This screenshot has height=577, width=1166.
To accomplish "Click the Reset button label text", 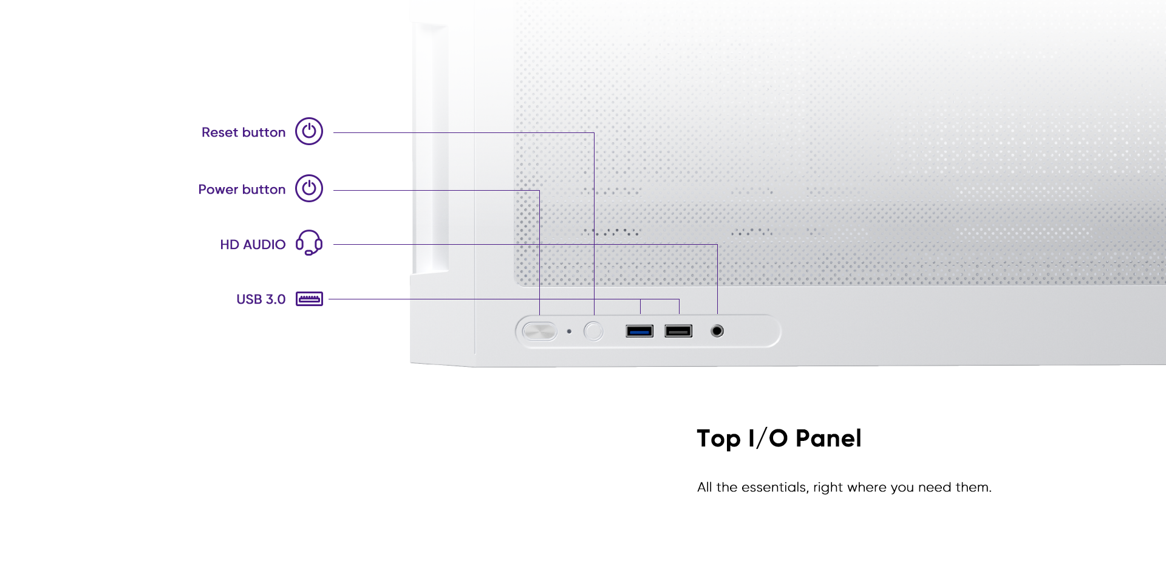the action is tap(244, 132).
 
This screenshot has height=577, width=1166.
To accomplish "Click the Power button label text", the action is tap(242, 189).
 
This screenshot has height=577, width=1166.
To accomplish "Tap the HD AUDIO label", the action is tap(253, 245).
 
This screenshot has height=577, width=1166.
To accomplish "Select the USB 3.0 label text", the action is tap(261, 299).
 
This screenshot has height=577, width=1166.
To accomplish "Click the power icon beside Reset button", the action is tap(309, 131).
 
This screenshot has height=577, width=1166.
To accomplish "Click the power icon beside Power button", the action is tap(309, 188).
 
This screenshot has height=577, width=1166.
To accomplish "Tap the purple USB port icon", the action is tap(309, 299).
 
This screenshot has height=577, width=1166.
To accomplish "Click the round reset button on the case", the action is tap(593, 331).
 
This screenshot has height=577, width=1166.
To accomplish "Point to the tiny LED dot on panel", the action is tap(569, 332).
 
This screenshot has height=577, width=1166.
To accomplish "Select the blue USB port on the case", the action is tap(639, 331).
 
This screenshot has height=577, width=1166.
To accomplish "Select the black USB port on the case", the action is tap(678, 331).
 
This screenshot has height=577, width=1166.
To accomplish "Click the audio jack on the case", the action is tap(717, 331).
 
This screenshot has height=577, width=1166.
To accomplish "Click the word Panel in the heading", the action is tap(828, 439).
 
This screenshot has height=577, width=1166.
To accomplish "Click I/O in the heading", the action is tap(768, 439).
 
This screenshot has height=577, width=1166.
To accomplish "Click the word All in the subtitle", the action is tap(704, 487).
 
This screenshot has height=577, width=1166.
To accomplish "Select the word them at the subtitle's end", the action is tap(973, 487).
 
